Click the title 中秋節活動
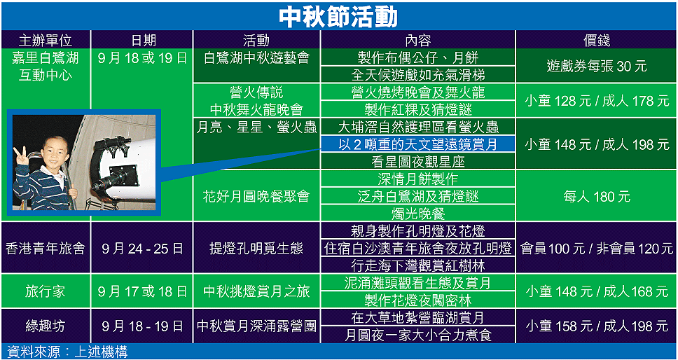tap(338, 17)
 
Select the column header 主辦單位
tap(46, 40)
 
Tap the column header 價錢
tap(596, 40)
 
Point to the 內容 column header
tap(417, 40)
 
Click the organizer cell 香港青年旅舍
tap(45, 248)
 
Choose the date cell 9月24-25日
tap(143, 248)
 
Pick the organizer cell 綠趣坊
tap(45, 326)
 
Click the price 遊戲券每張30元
tap(596, 66)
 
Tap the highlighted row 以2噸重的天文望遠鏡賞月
tap(417, 144)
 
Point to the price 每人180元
tap(596, 197)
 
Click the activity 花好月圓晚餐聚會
tap(256, 197)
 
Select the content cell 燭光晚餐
tap(417, 214)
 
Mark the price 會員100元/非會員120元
tap(597, 248)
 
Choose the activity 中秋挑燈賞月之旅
tap(256, 292)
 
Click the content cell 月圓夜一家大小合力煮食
tap(417, 335)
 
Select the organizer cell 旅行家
tap(45, 292)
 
